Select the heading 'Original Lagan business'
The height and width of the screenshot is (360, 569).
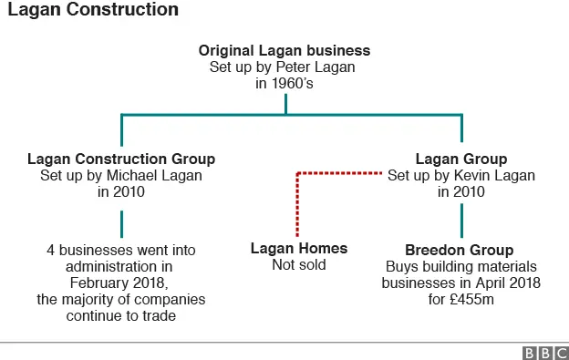click(x=285, y=50)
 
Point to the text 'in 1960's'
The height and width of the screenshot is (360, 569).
click(x=285, y=83)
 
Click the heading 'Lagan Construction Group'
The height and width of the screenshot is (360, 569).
click(x=121, y=159)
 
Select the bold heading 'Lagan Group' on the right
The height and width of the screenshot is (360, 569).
click(x=460, y=159)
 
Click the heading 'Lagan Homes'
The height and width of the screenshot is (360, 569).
click(x=299, y=249)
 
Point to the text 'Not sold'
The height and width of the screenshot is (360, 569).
click(x=299, y=265)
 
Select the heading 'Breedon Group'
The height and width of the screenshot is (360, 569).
click(x=460, y=249)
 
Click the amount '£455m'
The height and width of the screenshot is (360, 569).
click(x=474, y=300)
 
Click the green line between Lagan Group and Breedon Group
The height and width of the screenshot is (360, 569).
click(x=460, y=218)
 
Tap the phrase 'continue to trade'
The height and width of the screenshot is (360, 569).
click(x=121, y=316)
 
